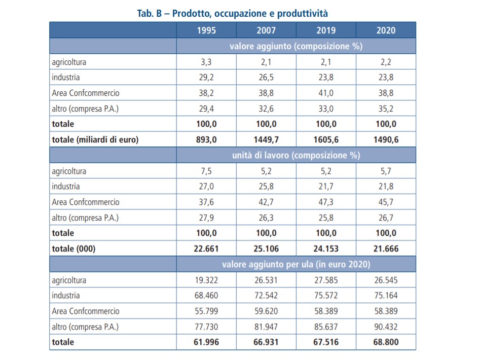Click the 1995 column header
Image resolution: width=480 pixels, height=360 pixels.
coord(206,30)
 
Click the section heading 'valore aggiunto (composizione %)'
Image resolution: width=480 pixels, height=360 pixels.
coord(296,46)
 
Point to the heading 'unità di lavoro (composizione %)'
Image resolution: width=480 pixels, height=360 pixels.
coord(296,155)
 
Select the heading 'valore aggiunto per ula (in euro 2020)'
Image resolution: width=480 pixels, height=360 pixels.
coord(296,265)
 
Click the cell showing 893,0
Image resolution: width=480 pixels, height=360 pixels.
coord(206,140)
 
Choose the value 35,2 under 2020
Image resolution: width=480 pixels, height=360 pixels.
coord(386,109)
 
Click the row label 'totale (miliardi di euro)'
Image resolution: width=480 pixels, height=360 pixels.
coord(95,140)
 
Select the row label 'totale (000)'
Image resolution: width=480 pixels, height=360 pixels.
coord(73,249)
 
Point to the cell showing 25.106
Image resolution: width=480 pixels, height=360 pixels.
coord(266,249)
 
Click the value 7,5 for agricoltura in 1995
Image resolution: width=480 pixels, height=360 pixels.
coord(206,171)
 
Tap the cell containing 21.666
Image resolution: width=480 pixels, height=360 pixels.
coord(386,249)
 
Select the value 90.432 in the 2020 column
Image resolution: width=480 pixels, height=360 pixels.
coord(386,327)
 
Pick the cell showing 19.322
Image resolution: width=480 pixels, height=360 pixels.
coord(206,280)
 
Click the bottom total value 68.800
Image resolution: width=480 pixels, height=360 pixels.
coord(386,342)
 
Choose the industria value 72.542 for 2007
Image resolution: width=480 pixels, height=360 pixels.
coord(266,296)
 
